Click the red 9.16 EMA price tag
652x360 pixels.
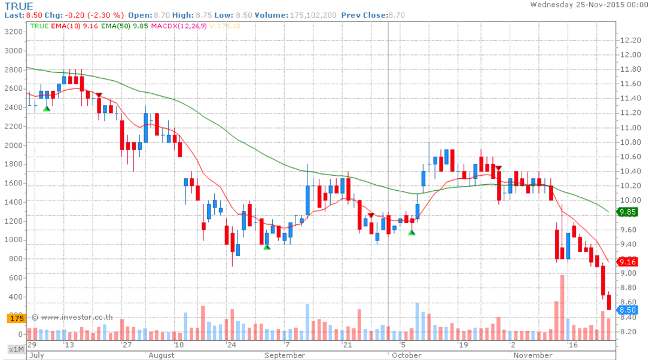pos(627,261)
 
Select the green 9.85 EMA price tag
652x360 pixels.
pos(627,212)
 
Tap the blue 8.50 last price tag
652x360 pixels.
pos(627,310)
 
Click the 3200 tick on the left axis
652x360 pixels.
pos(13,32)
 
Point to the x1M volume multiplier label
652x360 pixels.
pos(15,349)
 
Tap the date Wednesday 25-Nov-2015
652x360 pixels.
pos(586,5)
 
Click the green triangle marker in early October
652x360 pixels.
pos(412,232)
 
